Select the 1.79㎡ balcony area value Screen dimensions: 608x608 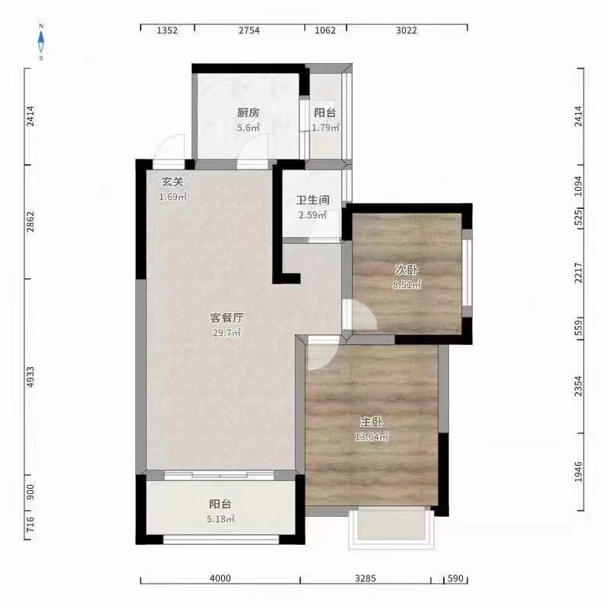(x=325, y=128)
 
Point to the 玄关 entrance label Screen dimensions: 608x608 (x=172, y=182)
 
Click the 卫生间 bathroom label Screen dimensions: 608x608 (x=312, y=201)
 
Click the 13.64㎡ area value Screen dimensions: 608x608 (x=372, y=437)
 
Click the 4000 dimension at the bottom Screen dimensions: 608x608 (x=220, y=580)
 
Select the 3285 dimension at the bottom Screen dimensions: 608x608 (x=366, y=580)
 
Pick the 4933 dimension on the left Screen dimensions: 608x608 (x=30, y=378)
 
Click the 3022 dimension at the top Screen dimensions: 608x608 (x=407, y=30)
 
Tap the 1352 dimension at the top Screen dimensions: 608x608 (x=167, y=30)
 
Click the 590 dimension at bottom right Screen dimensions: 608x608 (x=454, y=580)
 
